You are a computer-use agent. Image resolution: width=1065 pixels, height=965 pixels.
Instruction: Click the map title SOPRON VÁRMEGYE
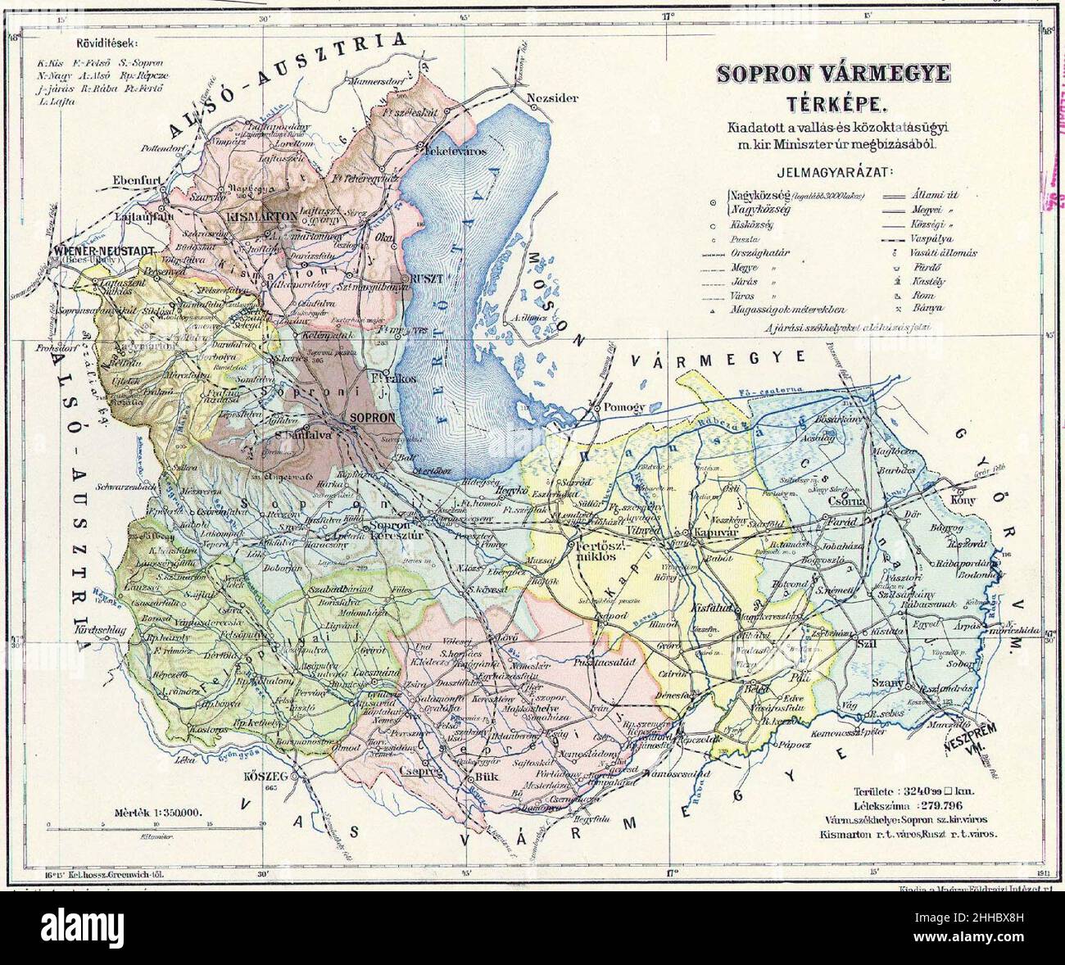click(833, 74)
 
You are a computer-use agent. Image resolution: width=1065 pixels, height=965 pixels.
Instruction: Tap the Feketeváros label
click(455, 152)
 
